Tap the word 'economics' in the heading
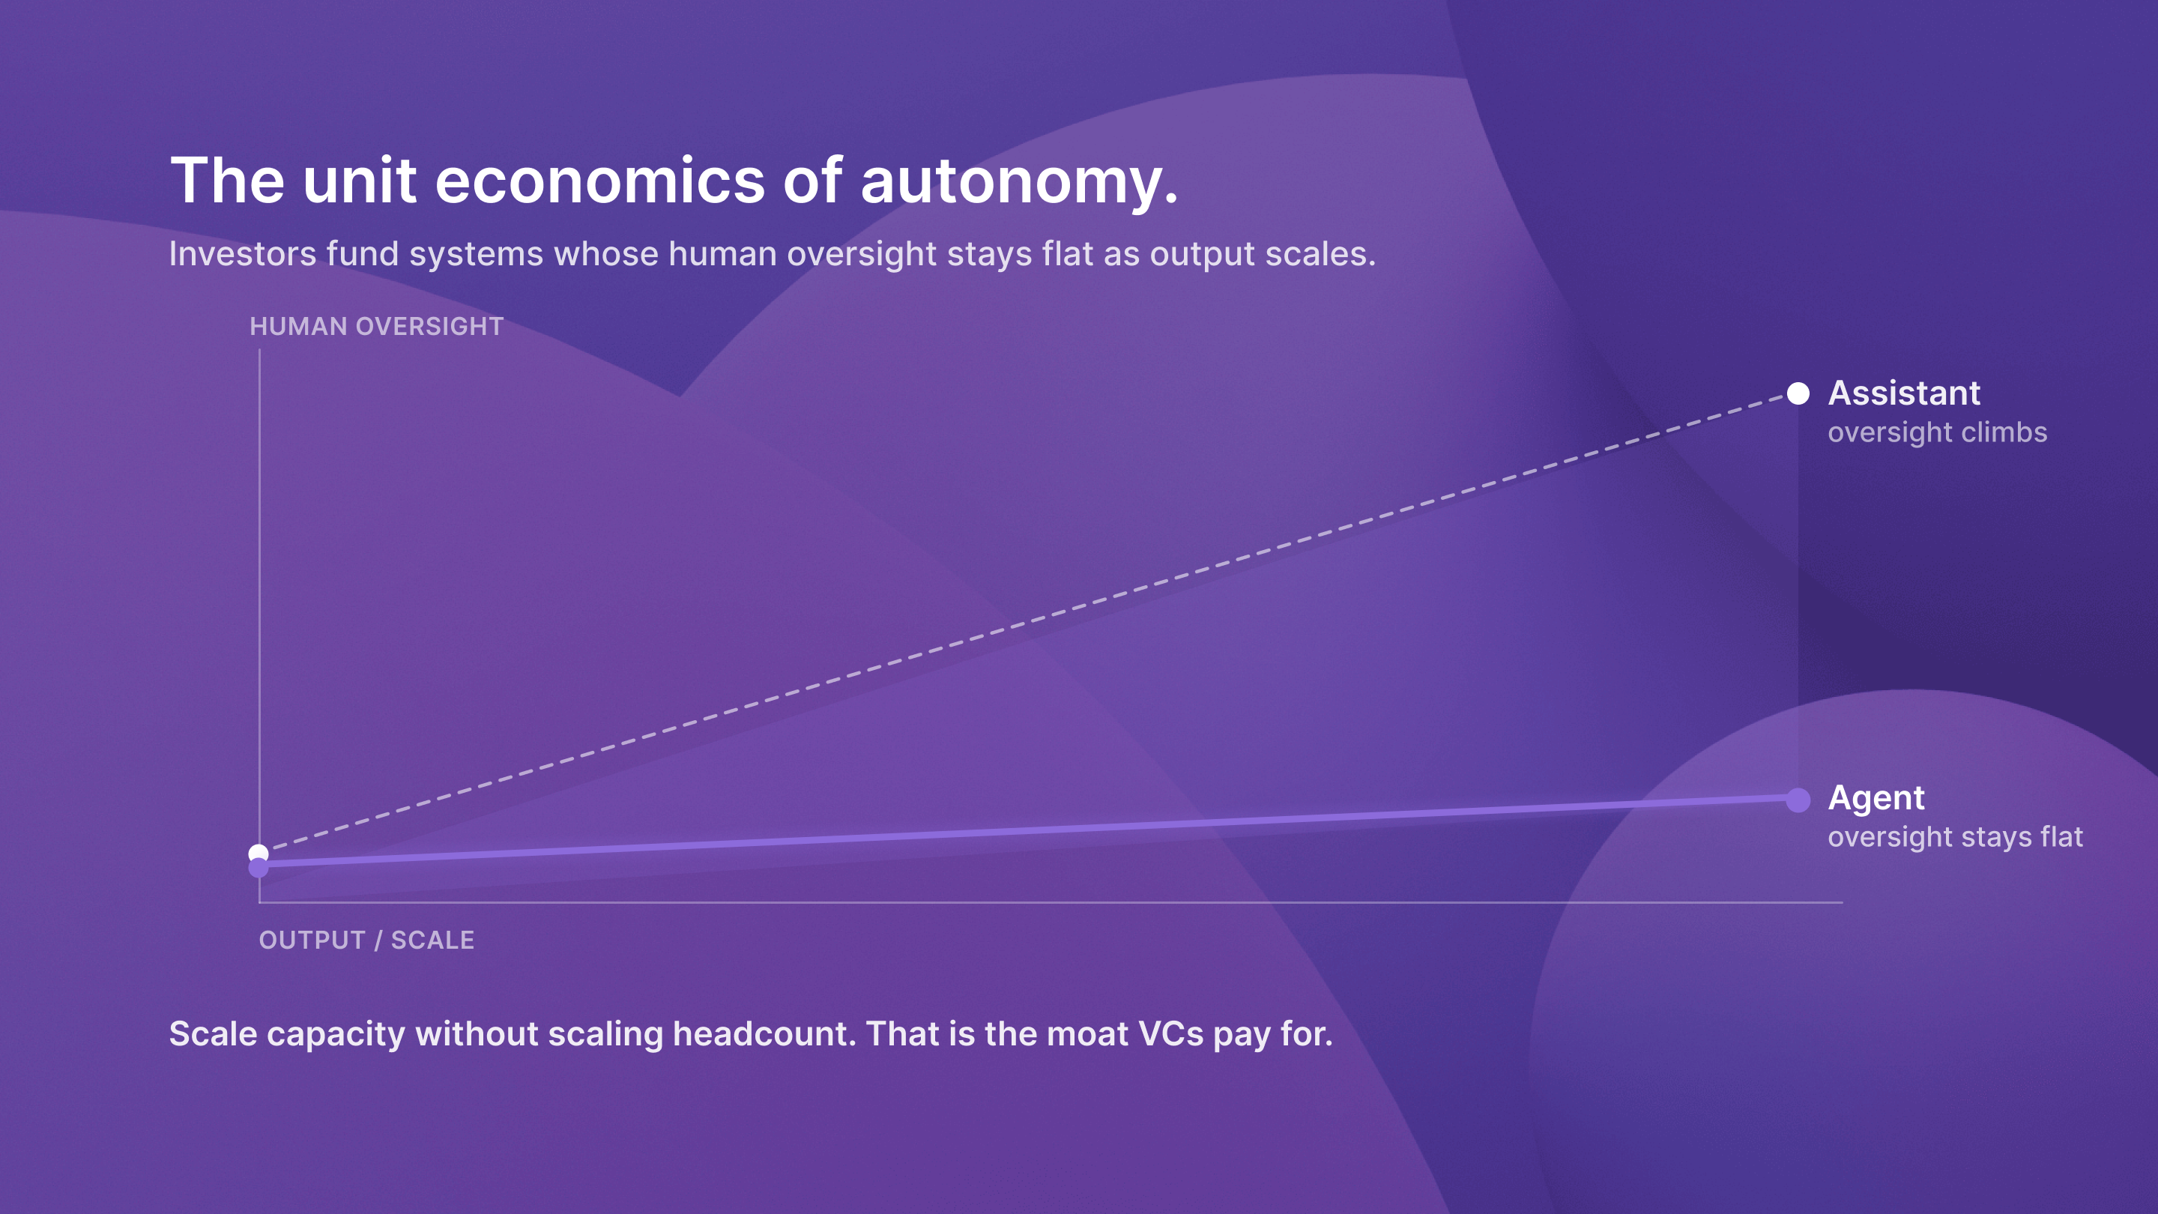599,181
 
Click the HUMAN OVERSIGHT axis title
376,327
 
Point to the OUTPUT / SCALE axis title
366,940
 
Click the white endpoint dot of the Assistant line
1798,393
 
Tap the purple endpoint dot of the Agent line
1798,800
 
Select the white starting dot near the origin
259,853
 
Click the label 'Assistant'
1903,393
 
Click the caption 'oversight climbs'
1937,432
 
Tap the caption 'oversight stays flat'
1954,837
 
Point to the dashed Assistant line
1029,623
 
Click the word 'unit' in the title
360,181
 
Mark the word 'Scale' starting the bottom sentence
213,1034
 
